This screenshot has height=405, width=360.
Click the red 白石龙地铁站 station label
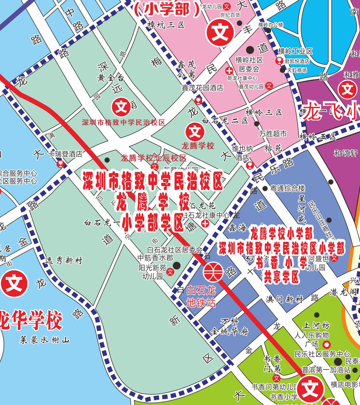pyautogui.click(x=201, y=297)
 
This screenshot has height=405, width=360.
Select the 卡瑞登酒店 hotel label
pyautogui.click(x=65, y=154)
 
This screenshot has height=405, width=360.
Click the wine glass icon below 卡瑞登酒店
pyautogui.click(x=60, y=164)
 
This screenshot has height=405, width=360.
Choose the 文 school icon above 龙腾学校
pyautogui.click(x=195, y=132)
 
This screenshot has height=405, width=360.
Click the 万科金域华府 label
pyautogui.click(x=230, y=327)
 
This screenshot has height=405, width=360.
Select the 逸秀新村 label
pyautogui.click(x=64, y=261)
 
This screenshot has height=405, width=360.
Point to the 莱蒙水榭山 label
pyautogui.click(x=45, y=340)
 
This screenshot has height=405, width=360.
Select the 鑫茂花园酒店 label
pyautogui.click(x=202, y=88)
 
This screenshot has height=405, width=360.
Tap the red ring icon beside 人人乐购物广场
pyautogui.click(x=327, y=345)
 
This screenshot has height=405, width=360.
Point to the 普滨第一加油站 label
pyautogui.click(x=326, y=370)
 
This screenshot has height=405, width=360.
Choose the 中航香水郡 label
pyautogui.click(x=156, y=258)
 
